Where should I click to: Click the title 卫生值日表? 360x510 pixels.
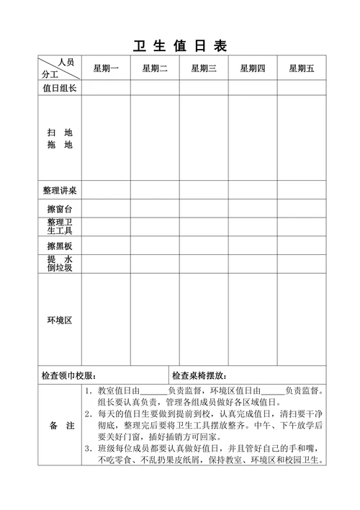click(180, 46)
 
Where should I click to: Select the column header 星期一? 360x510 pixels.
click(106, 68)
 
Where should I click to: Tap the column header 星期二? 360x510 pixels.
click(155, 68)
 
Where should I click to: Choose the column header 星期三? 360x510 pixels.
click(204, 68)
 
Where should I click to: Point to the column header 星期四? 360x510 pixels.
click(253, 68)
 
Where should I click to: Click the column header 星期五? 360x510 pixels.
click(302, 68)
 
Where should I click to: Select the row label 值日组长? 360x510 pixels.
click(60, 88)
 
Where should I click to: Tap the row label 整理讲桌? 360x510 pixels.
click(60, 191)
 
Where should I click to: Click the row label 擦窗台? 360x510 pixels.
click(60, 209)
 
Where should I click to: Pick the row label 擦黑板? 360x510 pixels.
click(60, 246)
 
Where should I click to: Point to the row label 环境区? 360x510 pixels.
click(60, 319)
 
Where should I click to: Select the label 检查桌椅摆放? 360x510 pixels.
click(199, 375)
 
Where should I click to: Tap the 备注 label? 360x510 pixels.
click(61, 426)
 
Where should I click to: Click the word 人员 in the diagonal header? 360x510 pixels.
click(66, 63)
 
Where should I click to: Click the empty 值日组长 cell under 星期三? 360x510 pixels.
click(204, 88)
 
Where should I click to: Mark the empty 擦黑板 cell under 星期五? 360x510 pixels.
click(302, 246)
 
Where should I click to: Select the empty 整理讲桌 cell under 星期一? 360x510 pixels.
click(106, 191)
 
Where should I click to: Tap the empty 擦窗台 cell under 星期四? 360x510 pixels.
click(253, 209)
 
